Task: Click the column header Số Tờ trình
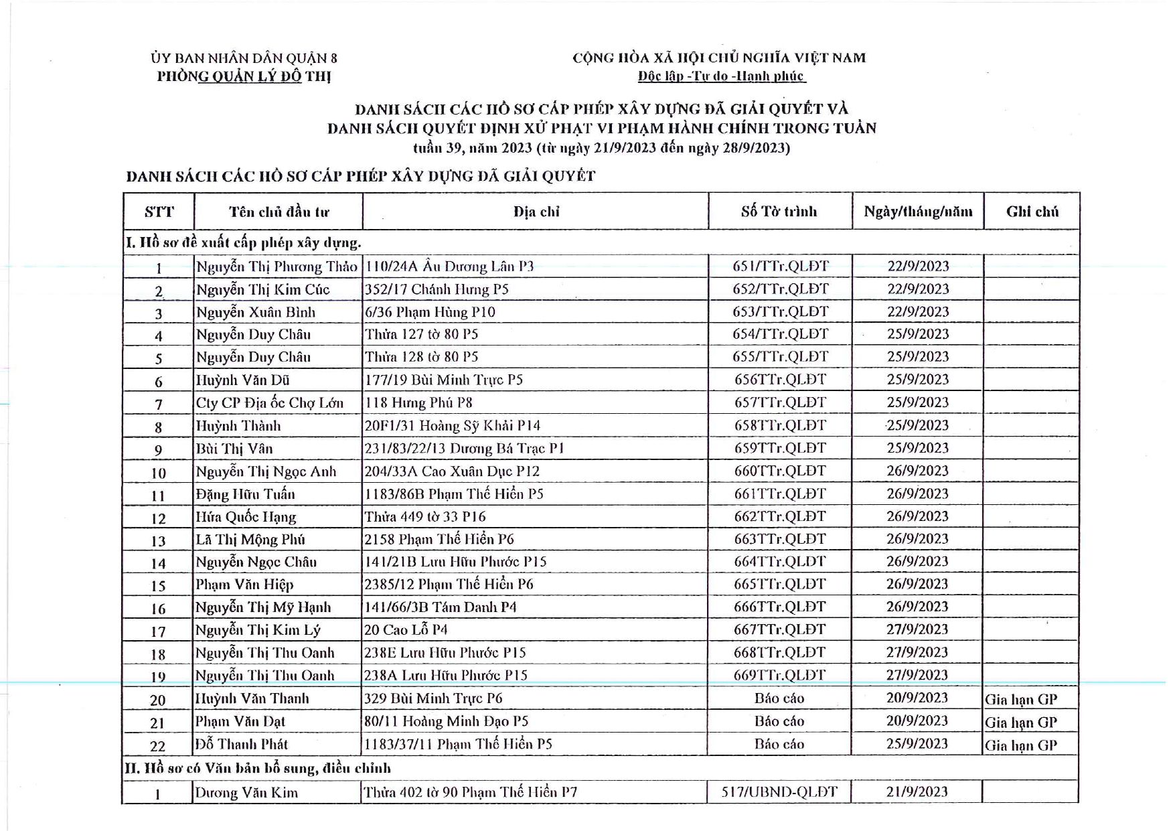(x=779, y=212)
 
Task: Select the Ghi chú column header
(x=1032, y=212)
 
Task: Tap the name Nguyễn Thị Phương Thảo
(x=277, y=267)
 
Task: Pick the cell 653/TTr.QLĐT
(x=781, y=311)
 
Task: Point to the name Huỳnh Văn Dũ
(x=242, y=380)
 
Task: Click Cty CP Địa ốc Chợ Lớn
(x=269, y=402)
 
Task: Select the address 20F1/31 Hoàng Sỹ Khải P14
(x=452, y=425)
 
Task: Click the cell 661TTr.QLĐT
(x=780, y=494)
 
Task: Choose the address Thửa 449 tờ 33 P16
(x=425, y=516)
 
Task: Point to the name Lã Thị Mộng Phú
(x=250, y=539)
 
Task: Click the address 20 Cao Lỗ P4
(x=406, y=629)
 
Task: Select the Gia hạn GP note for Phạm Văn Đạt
(x=1021, y=722)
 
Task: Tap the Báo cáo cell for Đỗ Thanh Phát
(x=779, y=744)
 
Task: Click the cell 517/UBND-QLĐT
(x=779, y=791)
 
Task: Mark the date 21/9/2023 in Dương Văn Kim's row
(x=917, y=791)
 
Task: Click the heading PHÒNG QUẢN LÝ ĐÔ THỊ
(x=244, y=76)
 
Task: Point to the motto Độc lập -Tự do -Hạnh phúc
(x=720, y=76)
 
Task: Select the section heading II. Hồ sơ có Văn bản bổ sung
(x=258, y=768)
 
